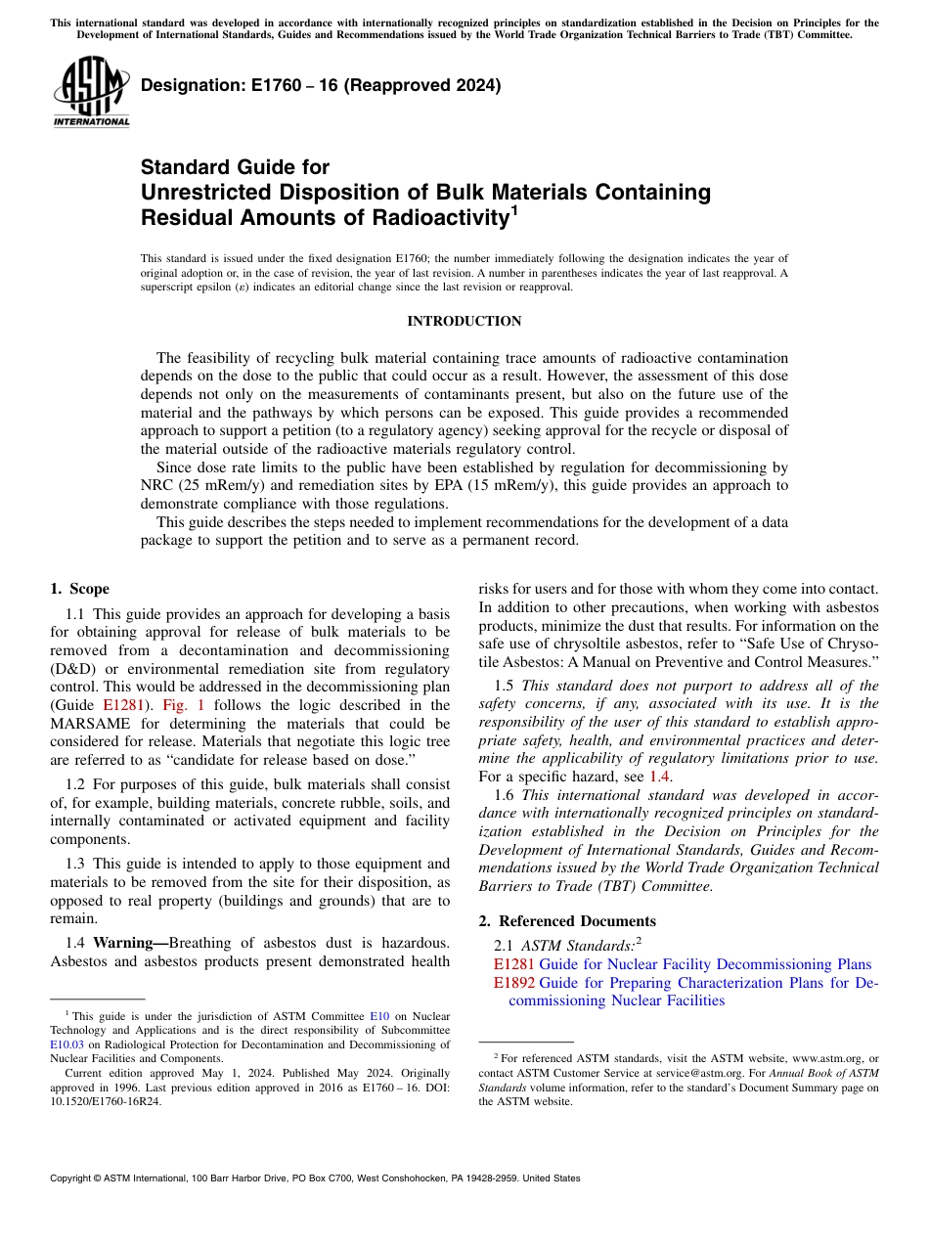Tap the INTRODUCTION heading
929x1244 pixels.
click(x=464, y=321)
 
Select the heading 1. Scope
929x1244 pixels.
click(x=79, y=589)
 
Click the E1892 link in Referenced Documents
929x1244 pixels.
click(x=513, y=983)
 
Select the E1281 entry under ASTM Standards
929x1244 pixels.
click(x=513, y=964)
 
